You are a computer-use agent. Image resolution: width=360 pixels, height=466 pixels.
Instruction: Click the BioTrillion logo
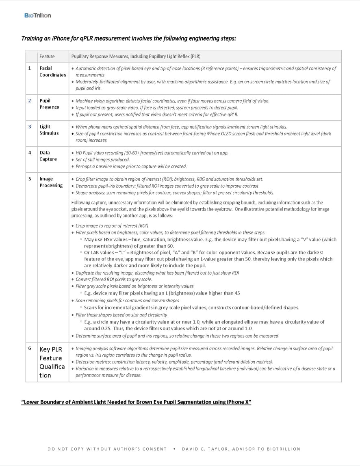point(37,15)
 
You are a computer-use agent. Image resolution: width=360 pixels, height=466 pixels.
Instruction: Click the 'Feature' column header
point(47,56)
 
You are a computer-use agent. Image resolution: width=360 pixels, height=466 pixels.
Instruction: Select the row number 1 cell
point(30,68)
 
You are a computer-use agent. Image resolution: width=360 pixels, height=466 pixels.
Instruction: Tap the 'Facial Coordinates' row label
point(52,72)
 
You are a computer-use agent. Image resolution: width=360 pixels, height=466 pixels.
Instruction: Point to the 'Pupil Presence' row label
point(49,104)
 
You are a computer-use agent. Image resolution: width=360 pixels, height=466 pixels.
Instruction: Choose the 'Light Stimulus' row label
point(49,130)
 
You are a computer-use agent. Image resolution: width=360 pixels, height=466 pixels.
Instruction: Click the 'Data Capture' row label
point(48,156)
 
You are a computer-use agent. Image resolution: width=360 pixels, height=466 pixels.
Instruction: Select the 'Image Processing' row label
point(51,182)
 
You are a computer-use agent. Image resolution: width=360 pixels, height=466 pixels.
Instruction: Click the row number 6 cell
point(30,348)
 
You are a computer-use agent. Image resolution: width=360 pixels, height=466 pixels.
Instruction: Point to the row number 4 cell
point(30,153)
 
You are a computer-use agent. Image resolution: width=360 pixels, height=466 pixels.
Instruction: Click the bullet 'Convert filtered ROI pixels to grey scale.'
point(114,279)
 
